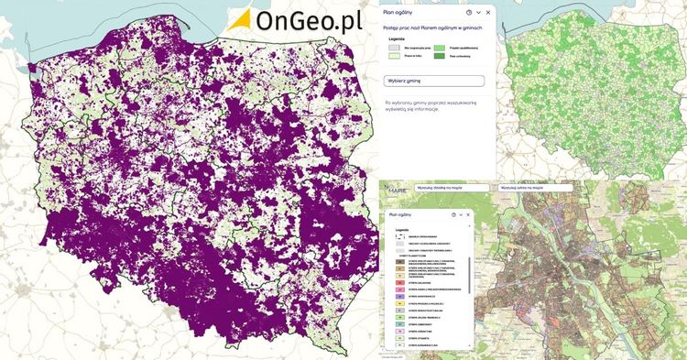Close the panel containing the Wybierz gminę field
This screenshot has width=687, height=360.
(488, 13)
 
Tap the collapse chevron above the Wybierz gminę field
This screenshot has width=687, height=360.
(478, 13)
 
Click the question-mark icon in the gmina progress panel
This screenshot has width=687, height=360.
(469, 13)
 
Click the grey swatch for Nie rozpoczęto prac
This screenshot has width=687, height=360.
(396, 47)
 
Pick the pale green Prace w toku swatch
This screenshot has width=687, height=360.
(396, 57)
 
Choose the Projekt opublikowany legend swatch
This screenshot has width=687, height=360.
(440, 47)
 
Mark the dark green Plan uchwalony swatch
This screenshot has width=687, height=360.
(440, 57)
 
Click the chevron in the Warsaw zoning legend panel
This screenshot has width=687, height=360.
(461, 215)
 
